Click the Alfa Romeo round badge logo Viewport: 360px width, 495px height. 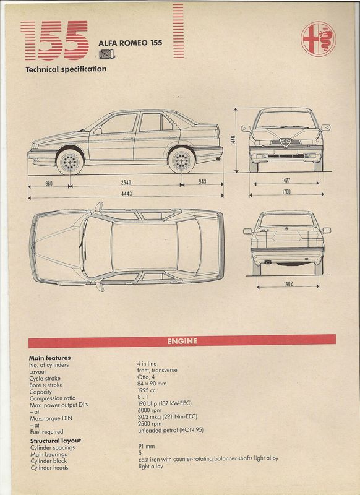coord(319,40)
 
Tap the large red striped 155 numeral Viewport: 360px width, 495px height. coord(54,40)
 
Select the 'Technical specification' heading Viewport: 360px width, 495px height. coord(66,69)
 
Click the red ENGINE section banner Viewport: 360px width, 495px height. coord(182,342)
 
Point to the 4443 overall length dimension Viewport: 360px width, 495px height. coord(126,194)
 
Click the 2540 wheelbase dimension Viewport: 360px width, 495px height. coord(126,183)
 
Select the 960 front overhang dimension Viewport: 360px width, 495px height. coord(49,183)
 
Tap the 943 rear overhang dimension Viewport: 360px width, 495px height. coord(202,181)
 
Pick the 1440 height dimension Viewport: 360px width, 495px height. coord(233,140)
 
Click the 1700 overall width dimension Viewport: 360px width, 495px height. coord(286,191)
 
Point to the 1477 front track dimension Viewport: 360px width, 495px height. coord(286,180)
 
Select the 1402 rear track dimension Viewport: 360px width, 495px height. coord(288,284)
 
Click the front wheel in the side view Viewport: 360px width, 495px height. coord(70,162)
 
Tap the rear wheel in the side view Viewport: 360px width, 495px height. coord(182,160)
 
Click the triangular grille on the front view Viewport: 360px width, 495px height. coord(286,142)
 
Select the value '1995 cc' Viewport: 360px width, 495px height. coord(147,390)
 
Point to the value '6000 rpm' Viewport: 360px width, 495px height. coord(150,410)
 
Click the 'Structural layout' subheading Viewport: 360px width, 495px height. coord(56,441)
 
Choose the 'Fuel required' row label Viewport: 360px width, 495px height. coord(46,432)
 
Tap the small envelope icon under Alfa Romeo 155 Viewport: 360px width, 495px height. coord(106,54)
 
